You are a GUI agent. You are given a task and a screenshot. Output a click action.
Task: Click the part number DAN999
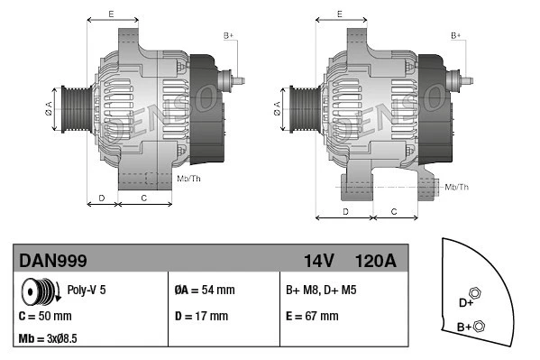pos(53,262)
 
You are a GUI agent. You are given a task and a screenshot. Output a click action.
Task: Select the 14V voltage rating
pos(318,262)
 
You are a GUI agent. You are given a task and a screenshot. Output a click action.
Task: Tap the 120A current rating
pos(375,262)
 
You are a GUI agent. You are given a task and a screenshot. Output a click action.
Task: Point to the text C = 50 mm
pos(45,316)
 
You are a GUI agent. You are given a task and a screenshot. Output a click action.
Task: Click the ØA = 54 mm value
pos(204,291)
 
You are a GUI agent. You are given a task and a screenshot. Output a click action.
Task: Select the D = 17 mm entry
pos(201,316)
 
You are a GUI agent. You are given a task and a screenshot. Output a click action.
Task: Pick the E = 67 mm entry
pos(312,316)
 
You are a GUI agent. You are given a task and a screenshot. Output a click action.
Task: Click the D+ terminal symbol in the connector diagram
pos(476,299)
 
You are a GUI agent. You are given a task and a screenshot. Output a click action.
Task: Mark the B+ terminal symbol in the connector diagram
pos(479,326)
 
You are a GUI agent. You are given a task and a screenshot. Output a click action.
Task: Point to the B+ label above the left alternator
pos(228,35)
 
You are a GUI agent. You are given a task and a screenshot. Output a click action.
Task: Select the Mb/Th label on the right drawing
pos(457,187)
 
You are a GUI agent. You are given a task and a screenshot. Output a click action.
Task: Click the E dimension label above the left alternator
pos(111,14)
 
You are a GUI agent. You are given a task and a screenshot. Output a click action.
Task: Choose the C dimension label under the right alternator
pos(394,211)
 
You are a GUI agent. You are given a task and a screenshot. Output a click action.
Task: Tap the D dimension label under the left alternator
pos(102,197)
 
